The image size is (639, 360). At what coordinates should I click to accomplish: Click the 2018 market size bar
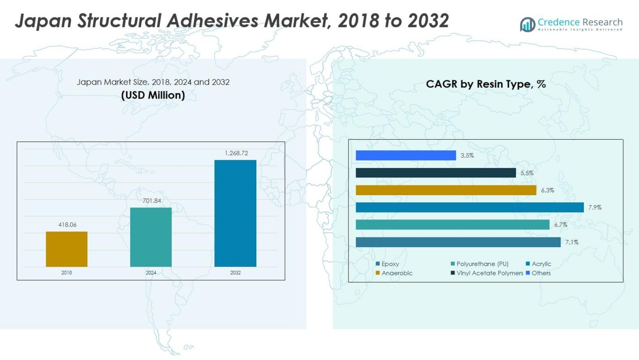[x=67, y=249]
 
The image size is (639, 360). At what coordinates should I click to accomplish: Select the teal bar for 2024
[x=151, y=237]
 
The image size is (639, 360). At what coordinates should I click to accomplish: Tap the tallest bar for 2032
[x=235, y=213]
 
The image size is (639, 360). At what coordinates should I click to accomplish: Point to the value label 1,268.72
[x=235, y=153]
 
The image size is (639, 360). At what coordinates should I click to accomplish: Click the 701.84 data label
[x=151, y=201]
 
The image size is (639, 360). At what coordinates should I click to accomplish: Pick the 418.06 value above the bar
[x=67, y=225]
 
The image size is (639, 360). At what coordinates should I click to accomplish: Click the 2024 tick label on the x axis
[x=151, y=273]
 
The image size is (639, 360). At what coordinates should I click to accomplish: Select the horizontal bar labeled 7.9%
[x=469, y=207]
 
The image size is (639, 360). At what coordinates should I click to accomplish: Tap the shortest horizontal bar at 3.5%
[x=405, y=155]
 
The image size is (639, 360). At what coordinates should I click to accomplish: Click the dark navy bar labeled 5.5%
[x=435, y=173]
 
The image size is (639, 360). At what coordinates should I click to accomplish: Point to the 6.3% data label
[x=547, y=190]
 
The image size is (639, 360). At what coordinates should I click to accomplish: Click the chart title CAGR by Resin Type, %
[x=486, y=84]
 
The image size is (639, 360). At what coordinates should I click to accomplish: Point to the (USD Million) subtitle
[x=153, y=95]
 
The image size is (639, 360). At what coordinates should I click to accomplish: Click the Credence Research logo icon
[x=527, y=24]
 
